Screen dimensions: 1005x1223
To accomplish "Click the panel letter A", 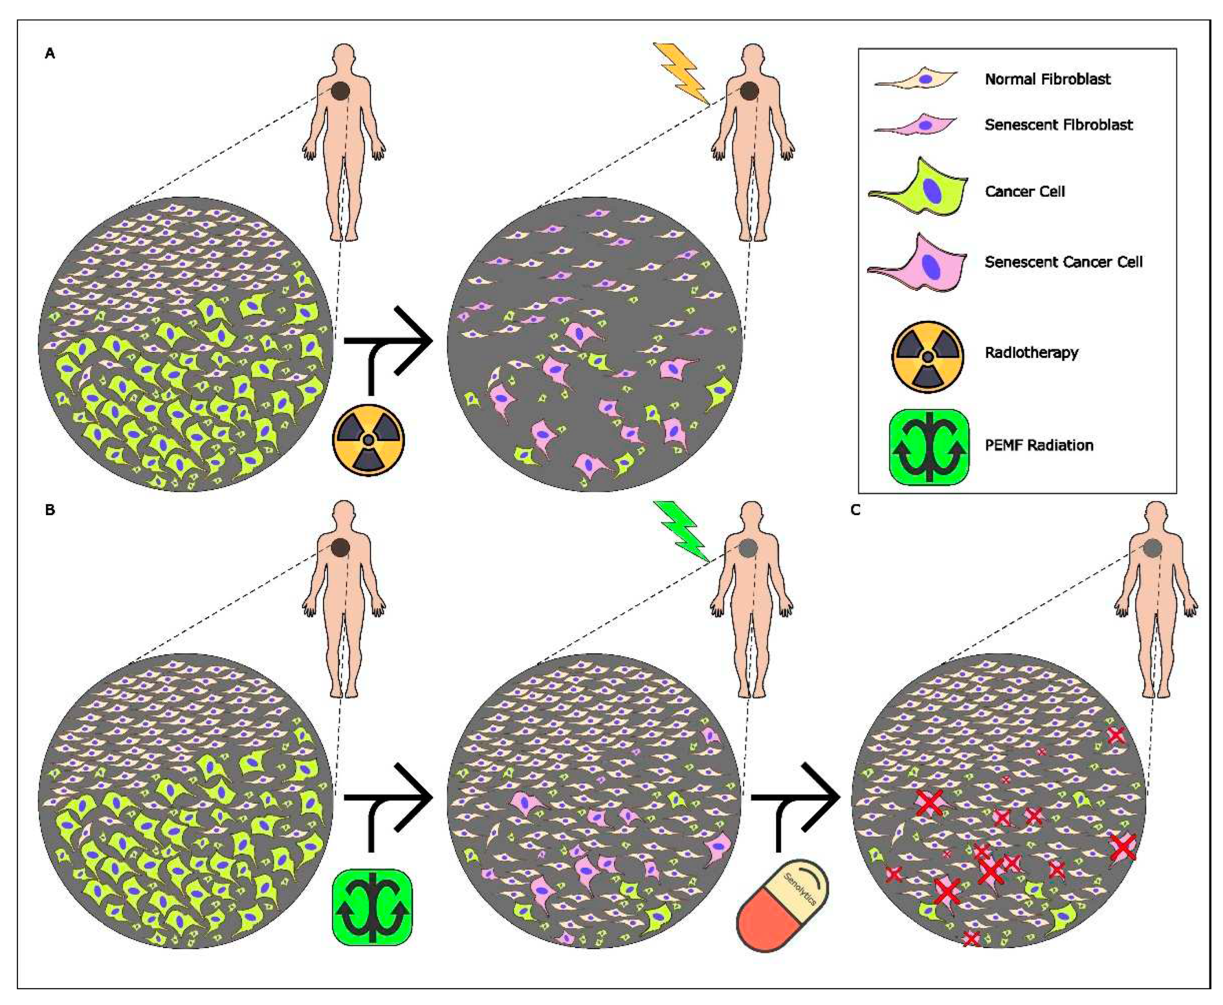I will (50, 54).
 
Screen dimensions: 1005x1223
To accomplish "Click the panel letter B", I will (50, 510).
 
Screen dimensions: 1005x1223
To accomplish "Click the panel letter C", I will (855, 510).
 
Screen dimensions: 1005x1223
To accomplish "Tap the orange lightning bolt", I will (682, 73).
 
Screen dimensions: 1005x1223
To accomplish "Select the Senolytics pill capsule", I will (782, 905).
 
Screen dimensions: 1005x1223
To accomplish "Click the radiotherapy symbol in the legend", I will (927, 356).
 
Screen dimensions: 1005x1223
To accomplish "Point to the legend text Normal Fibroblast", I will (1048, 79).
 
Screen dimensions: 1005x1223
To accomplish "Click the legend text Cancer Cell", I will (1024, 192).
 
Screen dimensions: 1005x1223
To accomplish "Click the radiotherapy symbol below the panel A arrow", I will (368, 440).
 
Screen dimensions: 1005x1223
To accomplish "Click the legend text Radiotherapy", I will (1031, 353).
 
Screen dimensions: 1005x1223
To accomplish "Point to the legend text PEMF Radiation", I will (1039, 445).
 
